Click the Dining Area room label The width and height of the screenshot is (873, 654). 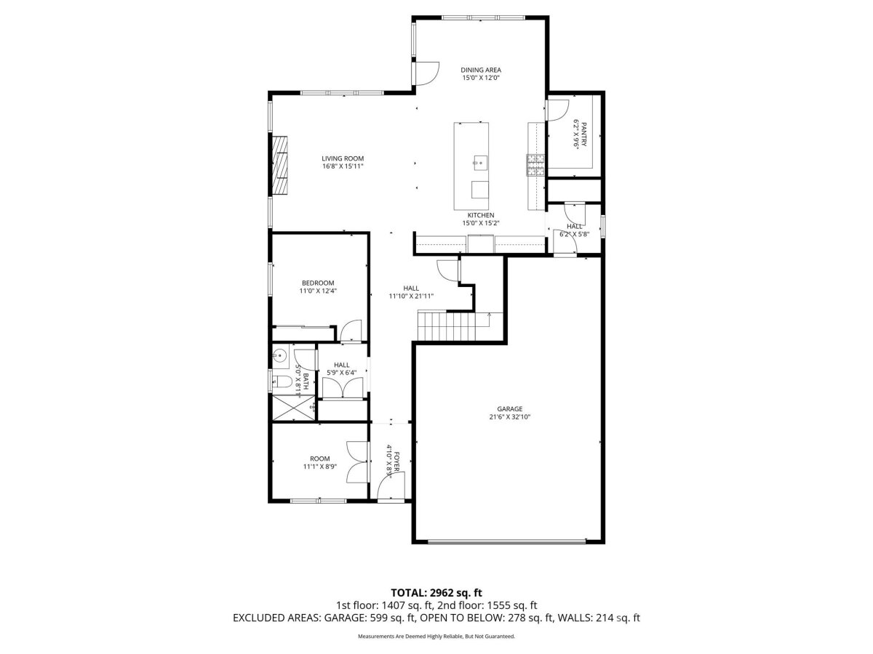480,70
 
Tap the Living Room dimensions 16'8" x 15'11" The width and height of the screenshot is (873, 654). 343,166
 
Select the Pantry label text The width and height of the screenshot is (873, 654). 583,134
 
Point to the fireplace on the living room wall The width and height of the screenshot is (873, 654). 279,166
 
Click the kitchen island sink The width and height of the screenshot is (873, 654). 480,163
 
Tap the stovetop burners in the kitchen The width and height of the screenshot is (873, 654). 535,165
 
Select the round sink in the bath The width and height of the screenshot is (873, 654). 280,354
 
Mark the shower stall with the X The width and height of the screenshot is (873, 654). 293,408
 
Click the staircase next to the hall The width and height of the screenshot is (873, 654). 461,326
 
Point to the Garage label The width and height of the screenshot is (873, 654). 509,408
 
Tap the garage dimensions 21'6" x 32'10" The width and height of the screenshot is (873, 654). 509,417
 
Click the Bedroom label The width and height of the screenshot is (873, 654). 318,283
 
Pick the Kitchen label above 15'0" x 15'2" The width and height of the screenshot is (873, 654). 480,215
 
